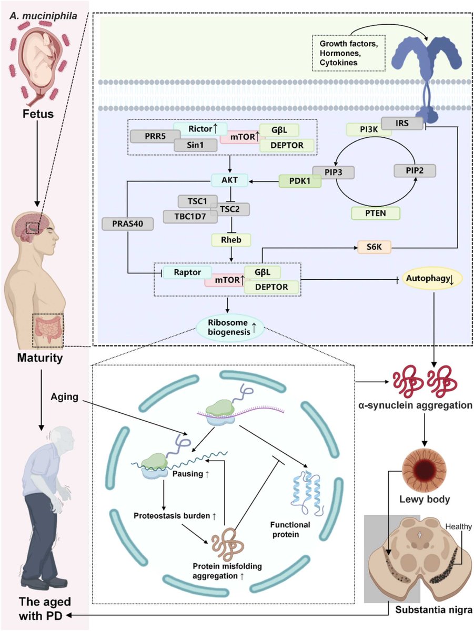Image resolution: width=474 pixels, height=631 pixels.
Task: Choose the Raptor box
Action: click(187, 272)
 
